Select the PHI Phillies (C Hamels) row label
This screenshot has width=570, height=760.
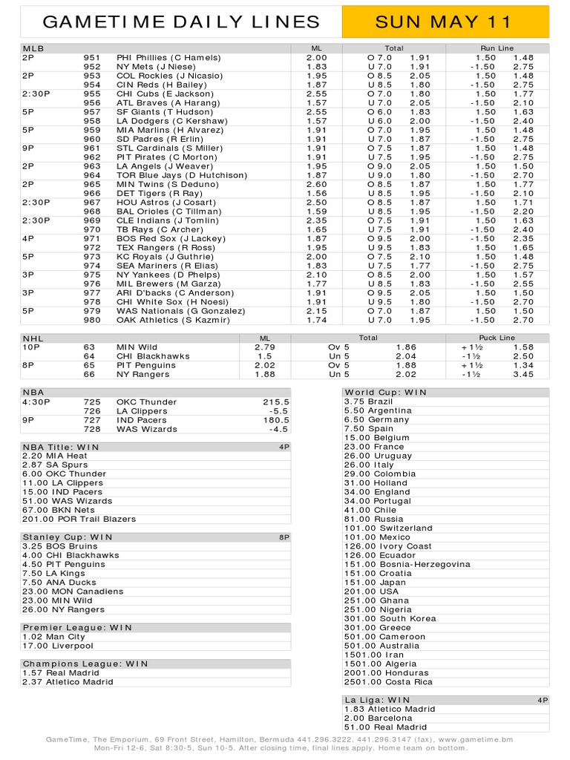pyautogui.click(x=168, y=57)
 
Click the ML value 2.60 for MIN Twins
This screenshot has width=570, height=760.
pyautogui.click(x=316, y=185)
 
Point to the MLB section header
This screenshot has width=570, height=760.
pyautogui.click(x=33, y=48)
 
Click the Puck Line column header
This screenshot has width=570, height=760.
pyautogui.click(x=497, y=338)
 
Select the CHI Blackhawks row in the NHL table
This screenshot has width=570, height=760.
pyautogui.click(x=153, y=356)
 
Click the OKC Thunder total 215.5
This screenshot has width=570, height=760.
pyautogui.click(x=275, y=402)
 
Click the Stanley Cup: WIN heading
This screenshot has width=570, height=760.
pyautogui.click(x=68, y=537)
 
